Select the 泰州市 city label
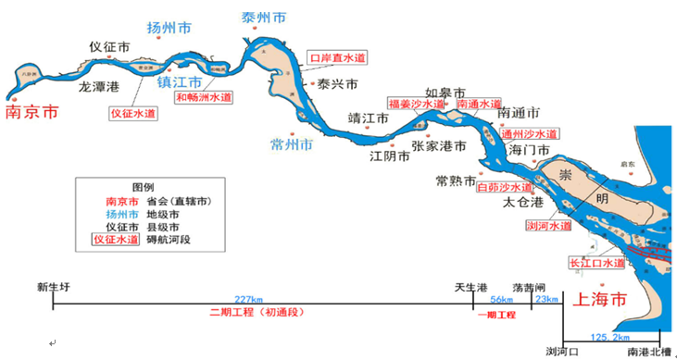[264, 19]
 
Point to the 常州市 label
[291, 145]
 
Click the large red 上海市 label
[602, 300]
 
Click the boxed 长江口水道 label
[597, 264]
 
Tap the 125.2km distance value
[609, 338]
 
